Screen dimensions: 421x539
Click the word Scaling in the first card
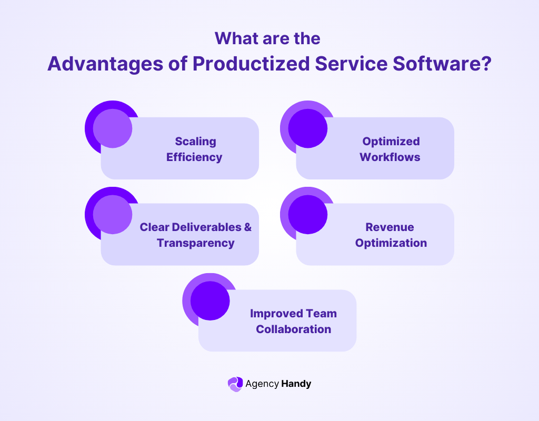(x=195, y=141)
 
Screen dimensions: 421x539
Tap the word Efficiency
(x=194, y=157)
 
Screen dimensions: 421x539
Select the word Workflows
(x=390, y=157)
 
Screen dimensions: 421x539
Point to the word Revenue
(x=390, y=227)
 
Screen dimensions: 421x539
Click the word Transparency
(x=195, y=243)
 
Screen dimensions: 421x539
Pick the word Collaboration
(x=294, y=329)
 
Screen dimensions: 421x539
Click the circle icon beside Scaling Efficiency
(x=112, y=128)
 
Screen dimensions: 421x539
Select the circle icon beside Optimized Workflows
(x=307, y=128)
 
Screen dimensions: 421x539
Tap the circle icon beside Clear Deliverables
(x=112, y=214)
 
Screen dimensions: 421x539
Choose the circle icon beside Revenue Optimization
(x=307, y=214)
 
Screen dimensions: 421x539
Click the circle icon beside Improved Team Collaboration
(x=209, y=300)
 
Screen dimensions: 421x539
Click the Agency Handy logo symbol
(x=235, y=384)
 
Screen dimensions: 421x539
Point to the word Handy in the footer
(x=296, y=384)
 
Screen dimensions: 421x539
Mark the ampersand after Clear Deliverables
(x=247, y=227)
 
